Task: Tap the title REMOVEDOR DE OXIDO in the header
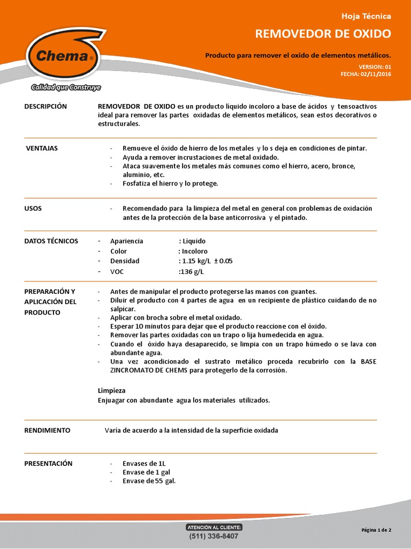tap(323, 34)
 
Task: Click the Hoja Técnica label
tap(370, 16)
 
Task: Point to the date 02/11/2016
tap(375, 74)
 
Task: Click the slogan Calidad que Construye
tap(66, 87)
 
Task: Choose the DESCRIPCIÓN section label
tap(46, 106)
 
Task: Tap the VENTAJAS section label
tap(42, 148)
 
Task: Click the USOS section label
tap(33, 208)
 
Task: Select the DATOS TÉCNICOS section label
tap(51, 241)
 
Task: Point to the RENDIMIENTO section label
tap(47, 431)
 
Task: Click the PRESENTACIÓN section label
tap(49, 463)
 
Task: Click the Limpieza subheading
tap(112, 390)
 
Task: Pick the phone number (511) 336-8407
tap(214, 536)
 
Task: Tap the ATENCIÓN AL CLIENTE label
tap(214, 528)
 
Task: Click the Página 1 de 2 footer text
tap(376, 530)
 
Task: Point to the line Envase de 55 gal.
tap(149, 481)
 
